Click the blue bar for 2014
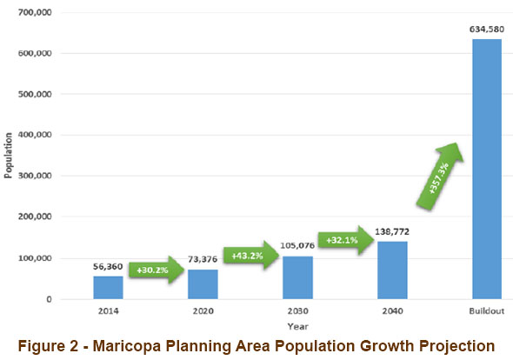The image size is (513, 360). [x=108, y=288]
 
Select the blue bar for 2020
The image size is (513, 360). [x=203, y=284]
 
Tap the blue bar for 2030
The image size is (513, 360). [x=297, y=278]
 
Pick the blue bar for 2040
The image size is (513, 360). [x=391, y=270]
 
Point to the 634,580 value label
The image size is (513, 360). [x=486, y=30]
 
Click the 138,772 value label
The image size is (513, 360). [x=392, y=233]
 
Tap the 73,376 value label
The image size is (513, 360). [x=203, y=260]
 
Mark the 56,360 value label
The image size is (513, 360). [x=108, y=267]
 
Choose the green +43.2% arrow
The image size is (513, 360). [x=250, y=256]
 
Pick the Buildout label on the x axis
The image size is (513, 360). [x=486, y=309]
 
